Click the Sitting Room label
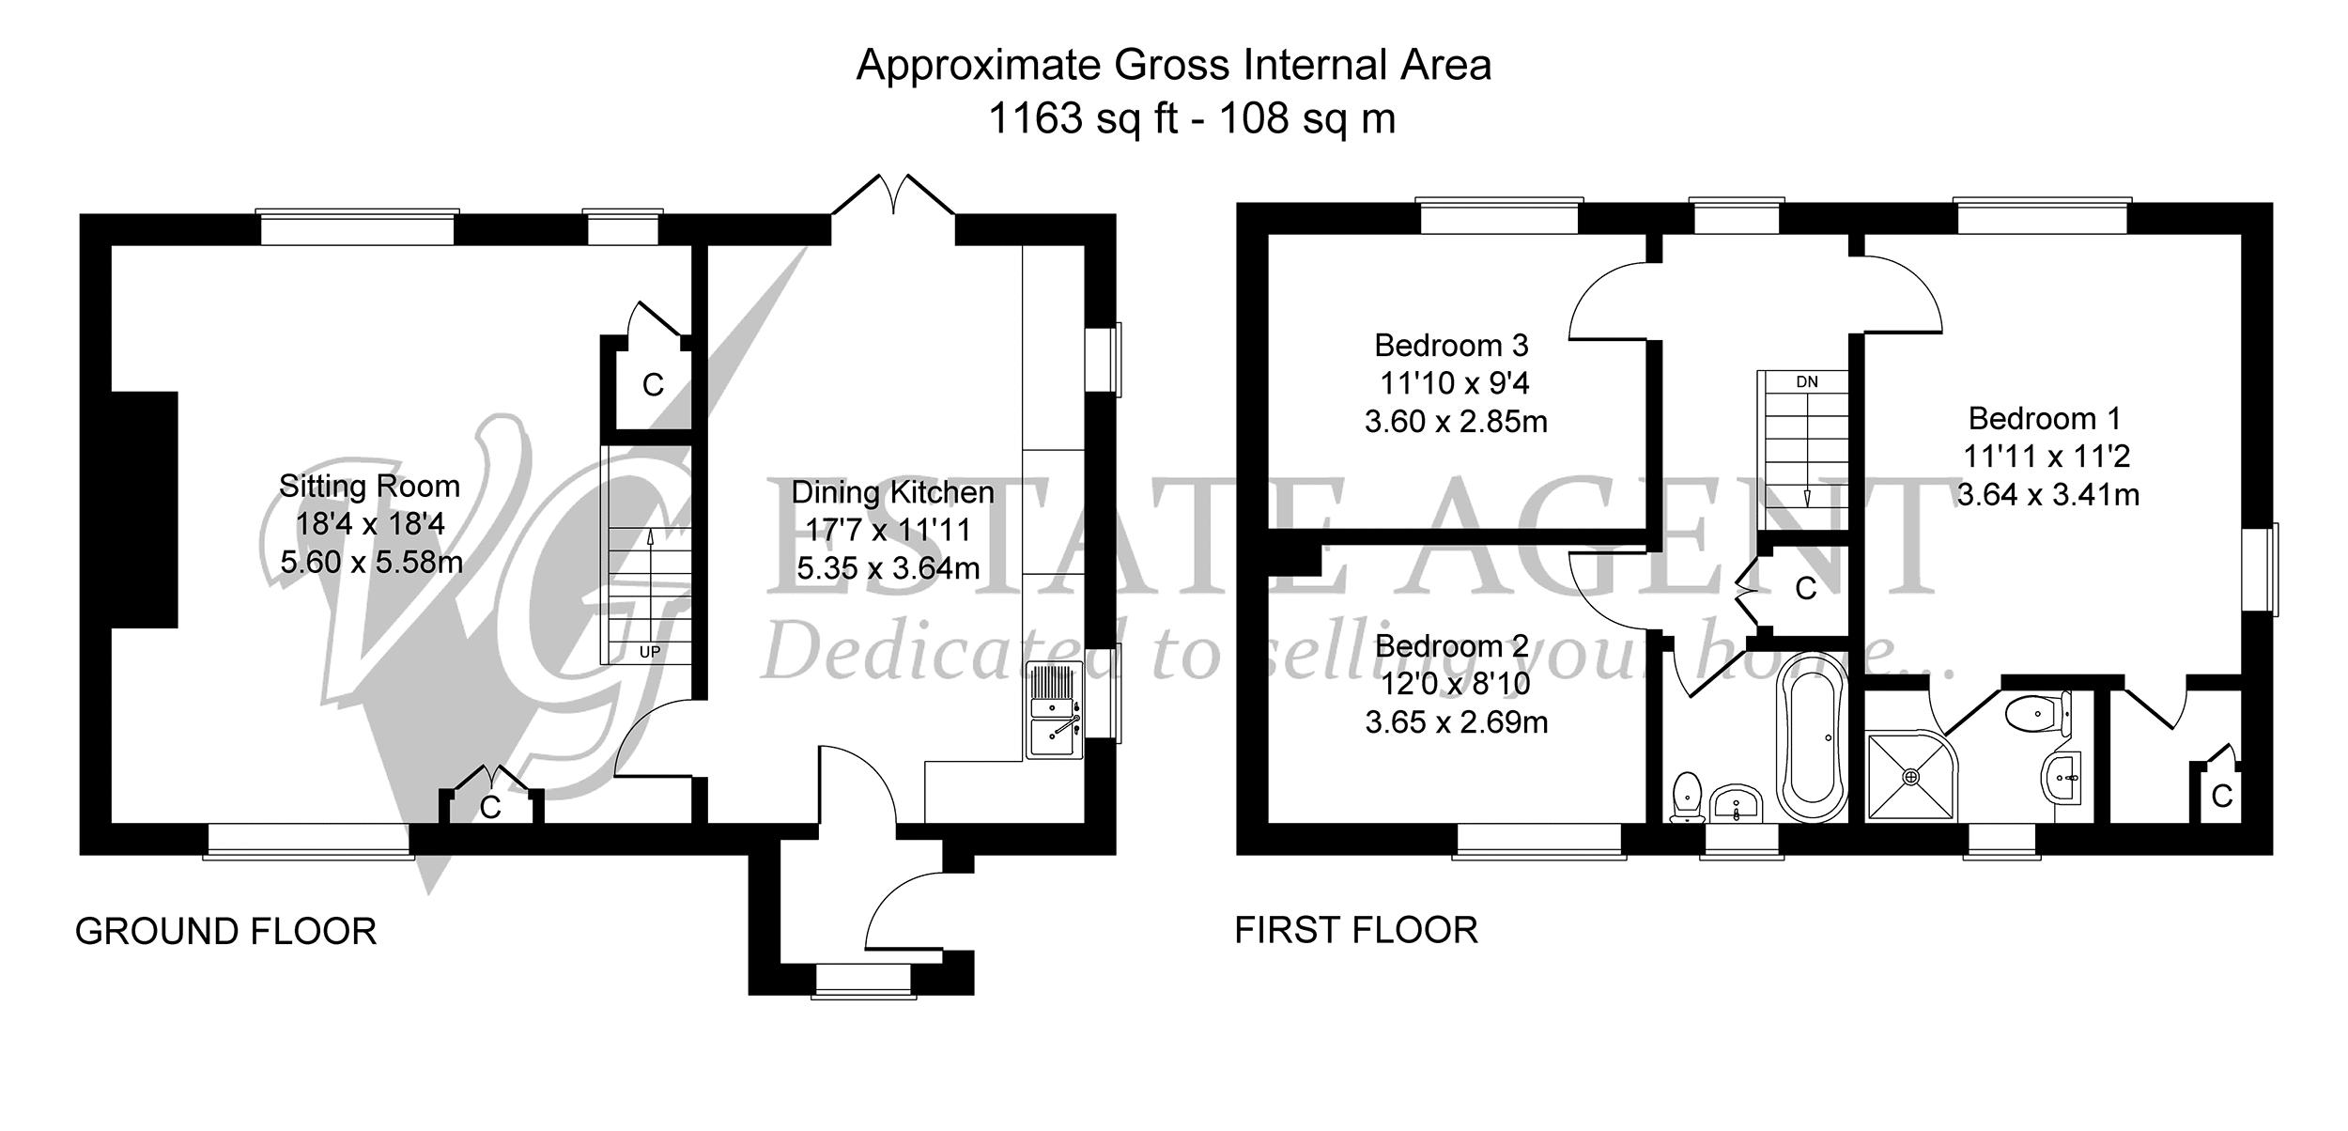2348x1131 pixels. point(369,487)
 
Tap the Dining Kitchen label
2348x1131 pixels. point(892,492)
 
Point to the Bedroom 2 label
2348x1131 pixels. point(1452,646)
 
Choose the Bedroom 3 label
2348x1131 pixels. point(1451,346)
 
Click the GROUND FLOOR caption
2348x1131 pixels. point(225,932)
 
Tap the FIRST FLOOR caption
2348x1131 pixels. point(1356,930)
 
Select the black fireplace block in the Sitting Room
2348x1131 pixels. point(144,509)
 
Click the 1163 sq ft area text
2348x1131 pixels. point(1084,119)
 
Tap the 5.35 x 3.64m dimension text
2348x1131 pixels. point(888,568)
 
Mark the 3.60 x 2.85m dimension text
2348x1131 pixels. point(1456,422)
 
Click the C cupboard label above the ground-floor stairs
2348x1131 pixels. point(653,385)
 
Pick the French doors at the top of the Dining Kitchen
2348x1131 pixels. point(893,197)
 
